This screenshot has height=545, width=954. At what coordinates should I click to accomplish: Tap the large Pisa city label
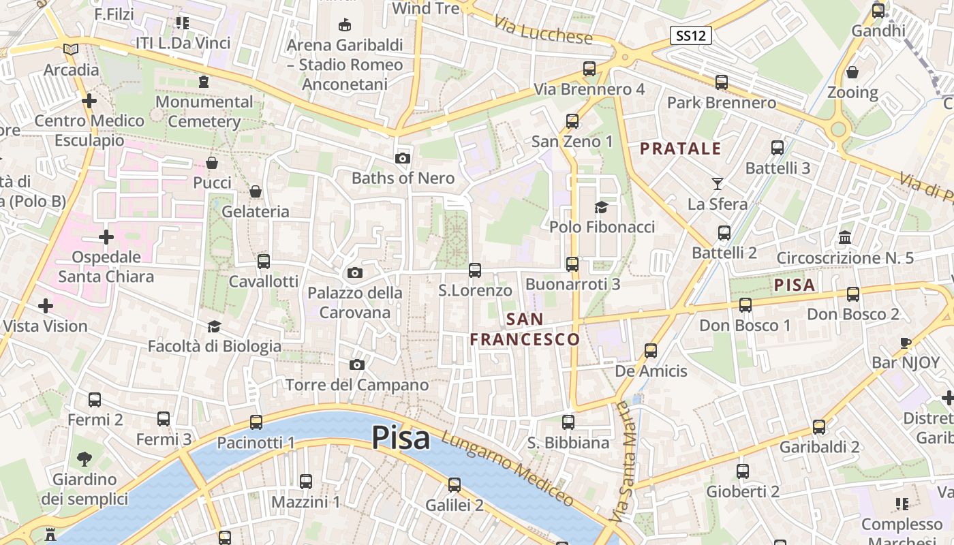tap(401, 437)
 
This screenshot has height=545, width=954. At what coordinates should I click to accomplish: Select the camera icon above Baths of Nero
tap(403, 159)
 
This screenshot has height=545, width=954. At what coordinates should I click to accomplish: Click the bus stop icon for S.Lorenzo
tap(475, 270)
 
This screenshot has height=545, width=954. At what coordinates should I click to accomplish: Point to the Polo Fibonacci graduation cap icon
tap(601, 207)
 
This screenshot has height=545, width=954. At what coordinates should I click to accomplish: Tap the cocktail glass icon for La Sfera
tap(717, 183)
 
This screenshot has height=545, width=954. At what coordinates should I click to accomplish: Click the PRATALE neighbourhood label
tap(680, 149)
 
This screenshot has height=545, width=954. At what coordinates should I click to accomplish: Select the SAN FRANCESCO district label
tap(525, 329)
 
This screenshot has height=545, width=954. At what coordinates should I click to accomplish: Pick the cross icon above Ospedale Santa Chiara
tap(106, 237)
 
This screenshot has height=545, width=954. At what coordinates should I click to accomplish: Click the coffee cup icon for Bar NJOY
tap(906, 343)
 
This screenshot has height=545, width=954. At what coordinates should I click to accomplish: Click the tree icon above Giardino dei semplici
tap(84, 459)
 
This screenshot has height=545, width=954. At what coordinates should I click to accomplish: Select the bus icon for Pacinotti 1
tap(256, 422)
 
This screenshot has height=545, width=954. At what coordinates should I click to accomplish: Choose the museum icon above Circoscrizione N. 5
tap(845, 238)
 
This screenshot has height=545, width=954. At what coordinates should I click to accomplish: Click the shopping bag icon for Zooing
tap(852, 72)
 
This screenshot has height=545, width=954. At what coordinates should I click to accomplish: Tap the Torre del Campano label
tap(357, 385)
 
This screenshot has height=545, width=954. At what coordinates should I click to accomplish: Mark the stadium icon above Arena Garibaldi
tap(345, 25)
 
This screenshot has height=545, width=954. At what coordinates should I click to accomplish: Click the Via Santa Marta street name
tap(621, 463)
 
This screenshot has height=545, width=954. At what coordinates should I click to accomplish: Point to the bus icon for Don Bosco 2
tap(853, 294)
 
